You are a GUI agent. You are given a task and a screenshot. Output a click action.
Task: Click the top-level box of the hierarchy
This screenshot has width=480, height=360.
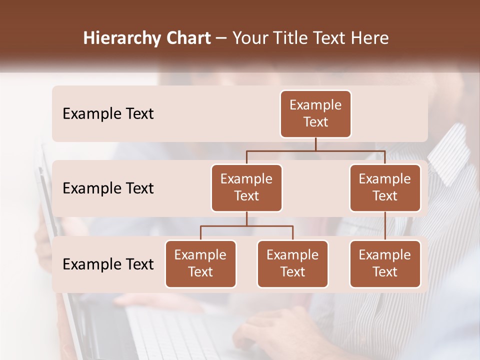[x=315, y=114]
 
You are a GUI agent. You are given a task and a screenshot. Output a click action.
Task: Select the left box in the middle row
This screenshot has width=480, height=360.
[x=246, y=188]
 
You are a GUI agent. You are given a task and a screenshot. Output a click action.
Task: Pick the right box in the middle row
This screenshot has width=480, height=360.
[x=385, y=188]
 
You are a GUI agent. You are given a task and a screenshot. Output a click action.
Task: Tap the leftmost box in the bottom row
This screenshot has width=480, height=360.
[x=200, y=264]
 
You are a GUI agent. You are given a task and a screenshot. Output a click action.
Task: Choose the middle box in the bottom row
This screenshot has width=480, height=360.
[x=292, y=264]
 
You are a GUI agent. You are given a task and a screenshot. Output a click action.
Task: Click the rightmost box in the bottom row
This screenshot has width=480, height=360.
[x=385, y=264]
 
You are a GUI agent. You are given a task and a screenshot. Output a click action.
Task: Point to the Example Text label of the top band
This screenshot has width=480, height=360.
[x=108, y=114]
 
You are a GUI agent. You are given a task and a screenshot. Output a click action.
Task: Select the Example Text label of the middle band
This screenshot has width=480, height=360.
[x=108, y=188]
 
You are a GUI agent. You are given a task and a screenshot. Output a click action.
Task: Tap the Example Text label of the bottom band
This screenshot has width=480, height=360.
[x=108, y=264]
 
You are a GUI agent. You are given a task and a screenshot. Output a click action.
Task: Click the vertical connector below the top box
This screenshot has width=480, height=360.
[x=315, y=144]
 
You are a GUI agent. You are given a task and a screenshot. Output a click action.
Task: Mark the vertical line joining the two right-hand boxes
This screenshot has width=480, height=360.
[x=385, y=226]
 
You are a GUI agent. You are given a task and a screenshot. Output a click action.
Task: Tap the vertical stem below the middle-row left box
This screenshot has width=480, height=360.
[x=246, y=219]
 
